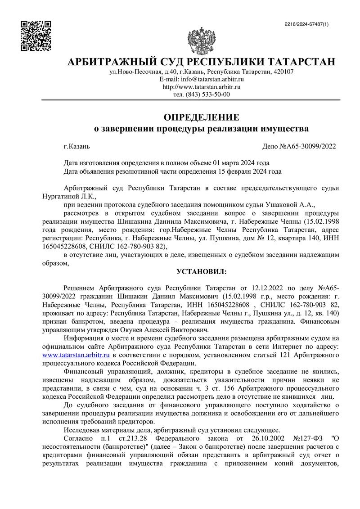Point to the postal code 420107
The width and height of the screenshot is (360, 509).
[x=282, y=72]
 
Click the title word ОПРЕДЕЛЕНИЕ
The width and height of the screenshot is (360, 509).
[x=201, y=118]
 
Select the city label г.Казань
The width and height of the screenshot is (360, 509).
[x=77, y=146]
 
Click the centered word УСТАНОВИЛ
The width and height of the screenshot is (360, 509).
[x=201, y=271]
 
